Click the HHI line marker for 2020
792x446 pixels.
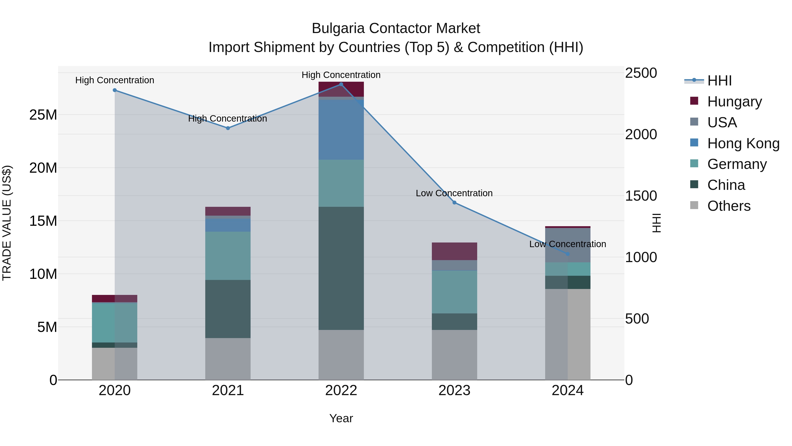[115, 90]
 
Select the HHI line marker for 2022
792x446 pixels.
[341, 84]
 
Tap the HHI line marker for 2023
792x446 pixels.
[455, 203]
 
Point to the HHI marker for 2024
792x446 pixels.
[568, 254]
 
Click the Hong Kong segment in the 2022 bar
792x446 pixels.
[341, 129]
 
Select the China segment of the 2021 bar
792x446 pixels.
[228, 309]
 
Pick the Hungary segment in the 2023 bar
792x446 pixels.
[455, 251]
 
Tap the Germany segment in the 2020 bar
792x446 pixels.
[115, 323]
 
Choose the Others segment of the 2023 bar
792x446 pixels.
[455, 355]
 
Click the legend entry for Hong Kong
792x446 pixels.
[743, 143]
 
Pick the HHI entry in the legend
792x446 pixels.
[719, 81]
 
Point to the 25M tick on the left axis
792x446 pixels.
[43, 115]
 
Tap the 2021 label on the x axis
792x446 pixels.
[228, 390]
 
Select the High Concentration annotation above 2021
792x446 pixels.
[227, 118]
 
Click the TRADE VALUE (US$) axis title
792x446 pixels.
[7, 223]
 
